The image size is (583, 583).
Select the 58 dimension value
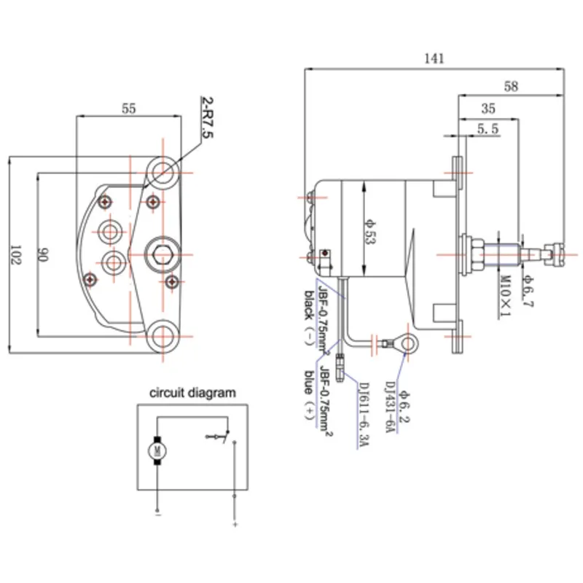(x=511, y=86)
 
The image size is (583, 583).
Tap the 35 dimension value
(x=488, y=109)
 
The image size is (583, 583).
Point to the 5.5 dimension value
(x=488, y=129)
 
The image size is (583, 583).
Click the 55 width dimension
(x=128, y=109)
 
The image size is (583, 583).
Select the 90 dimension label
(x=42, y=254)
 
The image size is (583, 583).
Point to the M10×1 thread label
(x=503, y=294)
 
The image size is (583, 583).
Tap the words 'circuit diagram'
(x=192, y=392)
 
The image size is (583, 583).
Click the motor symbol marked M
(x=156, y=450)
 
